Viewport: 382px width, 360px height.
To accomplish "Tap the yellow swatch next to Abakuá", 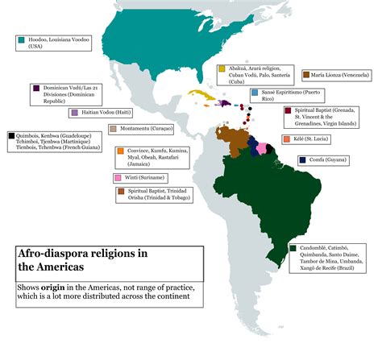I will point(221,68).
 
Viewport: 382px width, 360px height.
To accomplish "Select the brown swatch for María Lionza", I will point(306,74).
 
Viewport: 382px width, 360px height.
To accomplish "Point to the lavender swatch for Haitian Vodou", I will point(73,113).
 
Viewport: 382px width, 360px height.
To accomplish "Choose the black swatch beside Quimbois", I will point(10,136).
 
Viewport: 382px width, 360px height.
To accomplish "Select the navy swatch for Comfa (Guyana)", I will point(301,159).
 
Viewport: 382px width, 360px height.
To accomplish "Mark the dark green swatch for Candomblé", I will point(295,246).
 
